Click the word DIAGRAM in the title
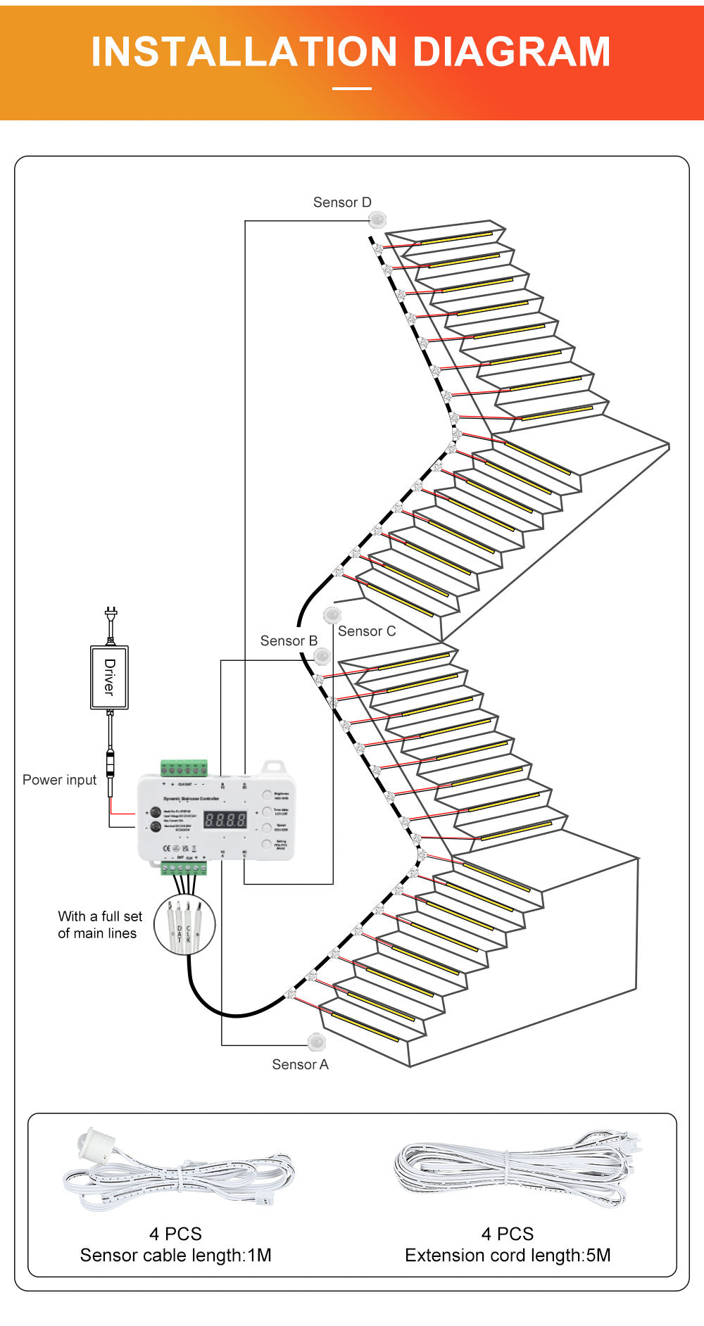511,52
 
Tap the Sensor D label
342,203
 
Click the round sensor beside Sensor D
378,220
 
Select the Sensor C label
367,631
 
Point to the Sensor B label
289,641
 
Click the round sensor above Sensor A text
316,1041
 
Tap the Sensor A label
300,1065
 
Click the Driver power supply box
109,677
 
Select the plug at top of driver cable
111,614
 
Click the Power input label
59,780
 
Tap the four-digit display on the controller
225,820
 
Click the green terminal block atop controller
184,768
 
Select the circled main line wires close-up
184,924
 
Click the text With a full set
100,916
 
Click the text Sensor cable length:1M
175,1256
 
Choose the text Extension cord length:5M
508,1256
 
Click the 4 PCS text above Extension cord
508,1234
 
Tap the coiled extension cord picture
514,1168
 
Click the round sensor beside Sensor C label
332,615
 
